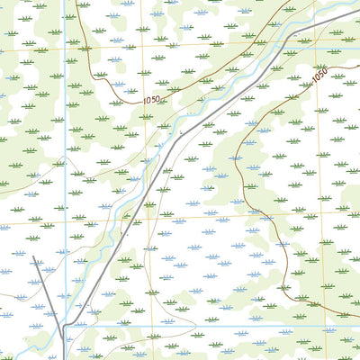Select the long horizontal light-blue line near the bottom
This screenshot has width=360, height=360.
[225, 327]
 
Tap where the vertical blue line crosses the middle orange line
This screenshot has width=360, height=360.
[66, 222]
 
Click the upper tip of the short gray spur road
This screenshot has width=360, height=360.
[34, 257]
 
